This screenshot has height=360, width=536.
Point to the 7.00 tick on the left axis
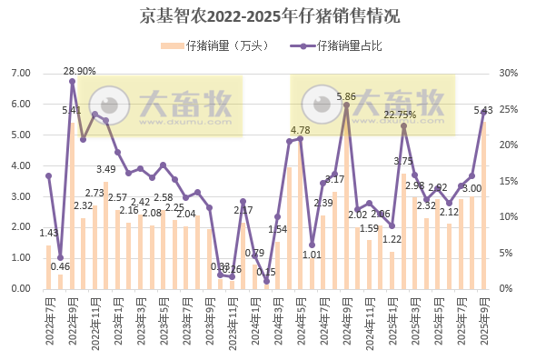pos(20,74)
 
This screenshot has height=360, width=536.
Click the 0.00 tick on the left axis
pos(20,289)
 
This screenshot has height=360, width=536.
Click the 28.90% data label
pos(80,71)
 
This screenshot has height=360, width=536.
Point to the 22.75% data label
pos(400,115)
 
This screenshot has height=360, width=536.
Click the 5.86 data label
pos(346,96)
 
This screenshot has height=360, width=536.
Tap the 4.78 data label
pos(300,130)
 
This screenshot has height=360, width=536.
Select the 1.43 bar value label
pos(49,234)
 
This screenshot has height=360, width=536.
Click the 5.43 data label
pos(483,110)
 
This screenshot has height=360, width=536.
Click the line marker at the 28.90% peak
pos(72,82)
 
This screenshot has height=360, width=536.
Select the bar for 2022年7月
pos(49,266)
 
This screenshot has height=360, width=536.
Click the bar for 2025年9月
pos(484,205)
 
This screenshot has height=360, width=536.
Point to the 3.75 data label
pos(403,162)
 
